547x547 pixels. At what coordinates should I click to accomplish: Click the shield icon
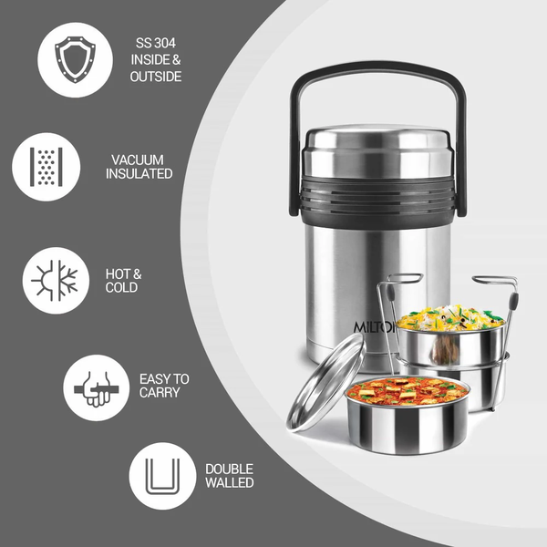75,59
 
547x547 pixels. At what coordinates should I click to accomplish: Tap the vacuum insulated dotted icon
46,167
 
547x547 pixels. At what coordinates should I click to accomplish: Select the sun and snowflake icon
56,281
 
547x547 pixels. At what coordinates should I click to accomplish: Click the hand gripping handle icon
97,389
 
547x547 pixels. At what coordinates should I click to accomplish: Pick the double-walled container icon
162,476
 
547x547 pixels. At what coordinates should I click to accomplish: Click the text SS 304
156,43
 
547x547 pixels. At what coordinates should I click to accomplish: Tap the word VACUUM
138,160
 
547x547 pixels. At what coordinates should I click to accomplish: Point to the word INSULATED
139,174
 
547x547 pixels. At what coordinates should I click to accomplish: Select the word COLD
121,288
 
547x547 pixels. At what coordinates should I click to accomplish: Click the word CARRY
160,392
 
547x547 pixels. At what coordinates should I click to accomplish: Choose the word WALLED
229,482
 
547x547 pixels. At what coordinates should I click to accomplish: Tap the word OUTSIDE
156,77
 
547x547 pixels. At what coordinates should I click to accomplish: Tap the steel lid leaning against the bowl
326,382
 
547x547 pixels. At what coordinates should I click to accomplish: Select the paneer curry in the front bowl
408,391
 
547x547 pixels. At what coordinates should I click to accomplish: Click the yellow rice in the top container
450,318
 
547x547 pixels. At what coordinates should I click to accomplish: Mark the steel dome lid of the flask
378,150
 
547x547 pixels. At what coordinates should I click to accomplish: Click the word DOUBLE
229,469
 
